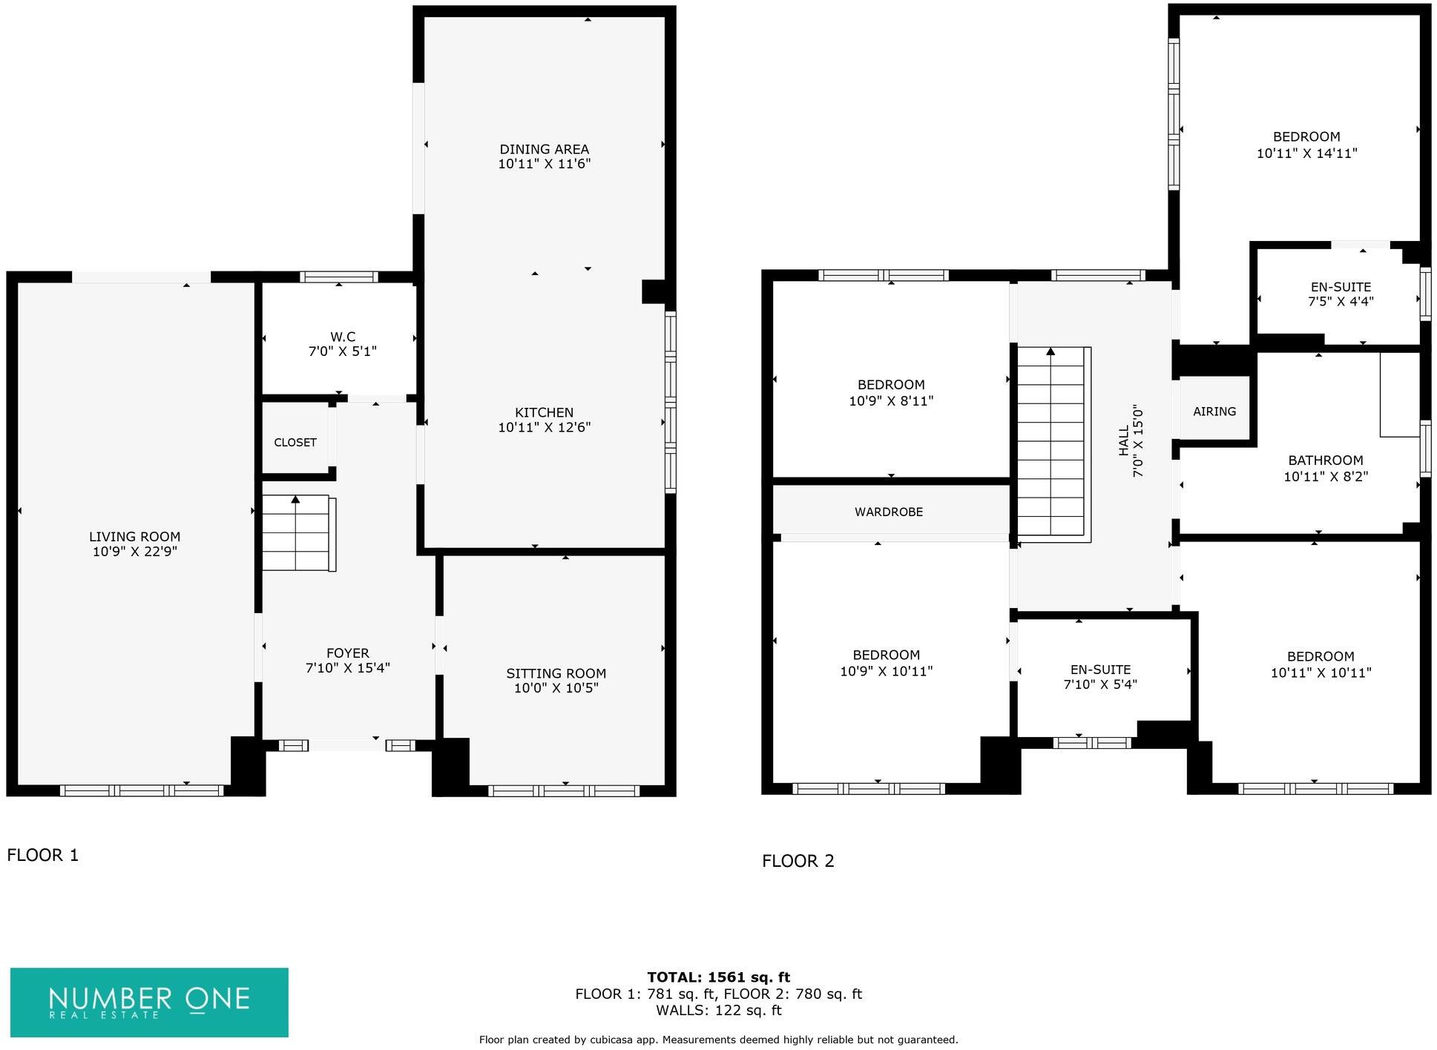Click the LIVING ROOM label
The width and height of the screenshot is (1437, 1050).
coord(134,536)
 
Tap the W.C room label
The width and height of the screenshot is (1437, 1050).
coord(342,337)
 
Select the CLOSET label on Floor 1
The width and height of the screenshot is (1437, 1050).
coord(295,442)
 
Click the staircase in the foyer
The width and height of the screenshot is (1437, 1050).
coord(297,532)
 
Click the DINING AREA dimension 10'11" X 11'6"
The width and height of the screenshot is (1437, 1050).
coord(544,164)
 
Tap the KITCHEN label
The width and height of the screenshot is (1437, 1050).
coord(544,412)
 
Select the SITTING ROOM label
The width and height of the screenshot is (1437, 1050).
coord(556,673)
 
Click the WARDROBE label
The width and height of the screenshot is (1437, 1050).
coord(888,512)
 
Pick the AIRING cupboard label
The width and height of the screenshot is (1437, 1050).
coord(1214,411)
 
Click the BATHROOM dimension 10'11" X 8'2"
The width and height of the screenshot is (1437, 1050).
coord(1325,477)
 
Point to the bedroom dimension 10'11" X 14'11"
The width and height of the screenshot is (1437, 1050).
coord(1306,153)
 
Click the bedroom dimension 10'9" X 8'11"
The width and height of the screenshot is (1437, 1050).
coord(890,401)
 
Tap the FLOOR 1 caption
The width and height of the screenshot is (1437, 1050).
coord(42,855)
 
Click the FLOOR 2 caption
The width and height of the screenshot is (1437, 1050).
coord(798,861)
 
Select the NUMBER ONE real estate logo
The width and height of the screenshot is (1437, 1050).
coord(149,1002)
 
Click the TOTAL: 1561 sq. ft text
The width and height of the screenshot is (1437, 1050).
coord(717,977)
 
